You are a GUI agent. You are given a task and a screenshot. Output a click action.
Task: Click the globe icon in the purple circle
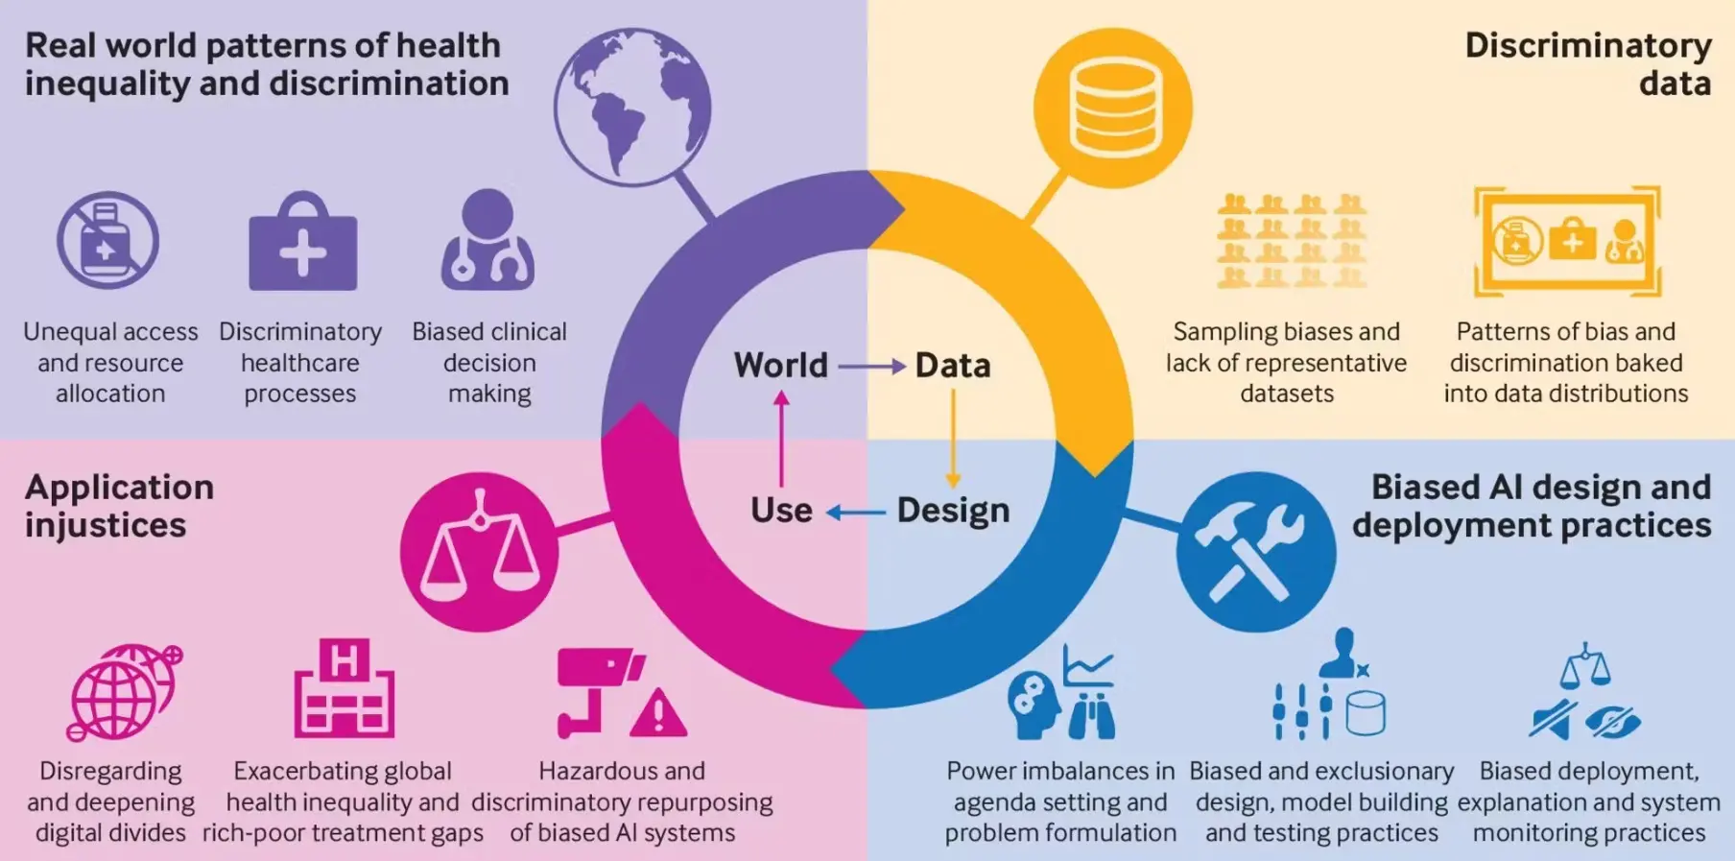[632, 107]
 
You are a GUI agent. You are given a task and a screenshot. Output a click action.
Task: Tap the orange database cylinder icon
[1113, 108]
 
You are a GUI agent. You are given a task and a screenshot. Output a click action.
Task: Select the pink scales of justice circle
[479, 551]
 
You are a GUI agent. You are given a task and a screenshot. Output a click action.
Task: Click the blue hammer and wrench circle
[1255, 551]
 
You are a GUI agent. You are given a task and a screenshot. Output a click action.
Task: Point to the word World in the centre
[780, 366]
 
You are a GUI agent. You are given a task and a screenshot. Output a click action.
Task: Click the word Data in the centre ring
[952, 366]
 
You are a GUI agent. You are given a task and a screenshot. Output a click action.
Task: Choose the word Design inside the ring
[953, 511]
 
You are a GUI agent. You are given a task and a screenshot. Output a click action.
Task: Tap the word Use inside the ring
[781, 511]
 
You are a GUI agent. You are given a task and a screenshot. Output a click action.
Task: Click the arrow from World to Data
[871, 366]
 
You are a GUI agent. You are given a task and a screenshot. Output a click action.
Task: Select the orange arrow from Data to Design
[953, 438]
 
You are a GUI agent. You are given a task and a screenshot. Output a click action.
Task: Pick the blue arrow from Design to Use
[856, 513]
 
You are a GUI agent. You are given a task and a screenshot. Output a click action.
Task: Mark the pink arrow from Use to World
[781, 438]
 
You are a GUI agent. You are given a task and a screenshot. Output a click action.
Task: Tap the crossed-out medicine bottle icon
[107, 241]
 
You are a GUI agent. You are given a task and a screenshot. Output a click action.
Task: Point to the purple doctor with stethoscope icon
[487, 241]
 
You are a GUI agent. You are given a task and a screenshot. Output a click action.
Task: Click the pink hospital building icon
[344, 688]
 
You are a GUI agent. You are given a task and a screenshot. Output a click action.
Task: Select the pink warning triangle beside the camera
[658, 713]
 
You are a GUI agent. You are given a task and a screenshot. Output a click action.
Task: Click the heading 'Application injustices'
[119, 506]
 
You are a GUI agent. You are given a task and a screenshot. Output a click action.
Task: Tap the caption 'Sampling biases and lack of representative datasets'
[1286, 362]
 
